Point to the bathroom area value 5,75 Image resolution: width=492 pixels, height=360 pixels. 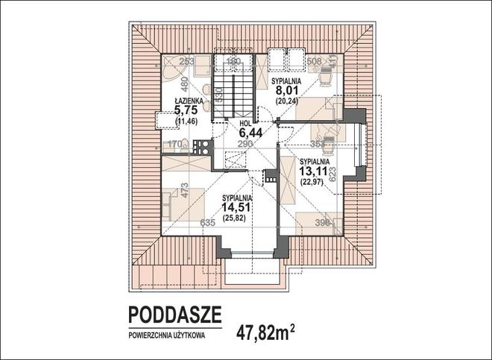[186, 110]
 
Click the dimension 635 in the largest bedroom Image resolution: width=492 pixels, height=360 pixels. [208, 222]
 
